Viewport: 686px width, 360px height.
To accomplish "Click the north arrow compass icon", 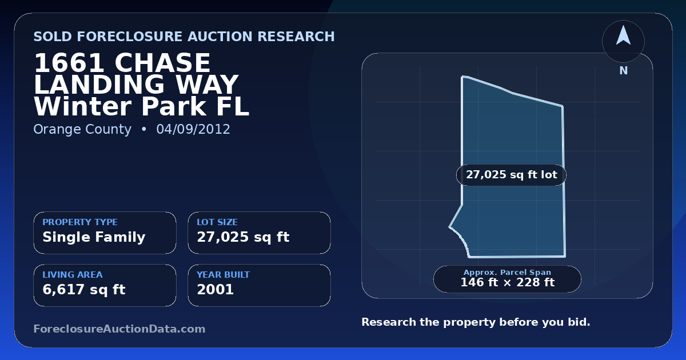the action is coord(623,41).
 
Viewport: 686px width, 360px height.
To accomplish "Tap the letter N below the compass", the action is coord(624,71).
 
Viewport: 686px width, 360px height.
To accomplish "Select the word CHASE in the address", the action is coord(162,63).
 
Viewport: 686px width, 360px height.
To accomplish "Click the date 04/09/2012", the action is coord(193,129).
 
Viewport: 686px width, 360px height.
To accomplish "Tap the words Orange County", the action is coord(82,130).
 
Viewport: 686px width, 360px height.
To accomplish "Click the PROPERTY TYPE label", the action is coord(80,222).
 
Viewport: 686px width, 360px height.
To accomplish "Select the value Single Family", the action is coord(94,237).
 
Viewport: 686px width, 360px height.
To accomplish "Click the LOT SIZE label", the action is coord(217,222).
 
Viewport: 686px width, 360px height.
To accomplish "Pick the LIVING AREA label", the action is coord(73,275).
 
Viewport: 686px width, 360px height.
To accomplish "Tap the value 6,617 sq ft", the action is coord(84,290).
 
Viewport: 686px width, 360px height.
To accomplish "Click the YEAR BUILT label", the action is coord(224,275).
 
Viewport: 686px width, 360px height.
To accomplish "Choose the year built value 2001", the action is coord(216,290).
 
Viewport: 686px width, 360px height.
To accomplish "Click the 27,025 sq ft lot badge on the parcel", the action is coord(512,175).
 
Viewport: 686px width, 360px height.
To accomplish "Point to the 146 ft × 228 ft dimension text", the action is coord(508,282).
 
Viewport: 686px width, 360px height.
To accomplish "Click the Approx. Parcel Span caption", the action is coord(508,272).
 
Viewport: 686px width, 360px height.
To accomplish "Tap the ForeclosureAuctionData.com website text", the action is coord(119,329).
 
